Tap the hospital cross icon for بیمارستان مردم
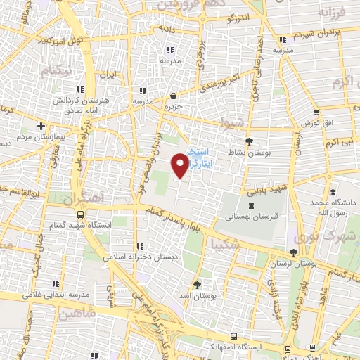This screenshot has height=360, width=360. click(41, 126)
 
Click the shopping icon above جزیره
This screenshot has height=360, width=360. click(173, 96)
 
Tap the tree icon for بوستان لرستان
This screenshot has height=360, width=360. click(293, 252)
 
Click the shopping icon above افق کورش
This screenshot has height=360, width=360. click(316, 112)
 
